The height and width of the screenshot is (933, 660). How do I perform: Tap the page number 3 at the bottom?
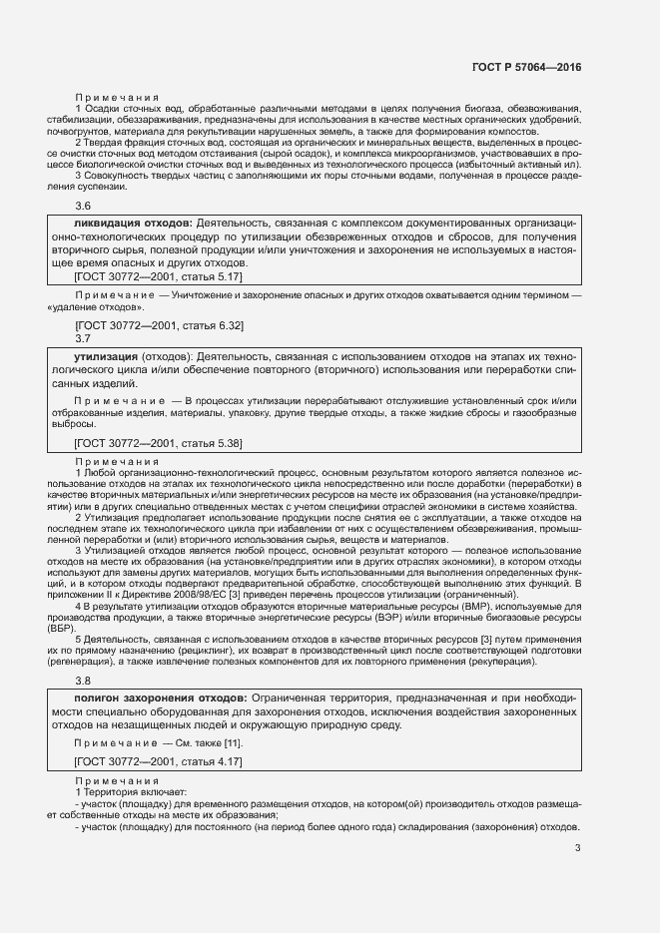click(578, 849)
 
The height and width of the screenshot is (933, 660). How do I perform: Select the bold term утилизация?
click(107, 355)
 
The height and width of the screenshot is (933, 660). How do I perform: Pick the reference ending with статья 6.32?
click(159, 325)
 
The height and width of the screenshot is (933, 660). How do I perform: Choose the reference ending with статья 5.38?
click(159, 442)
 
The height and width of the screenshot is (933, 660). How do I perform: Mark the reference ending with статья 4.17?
click(159, 761)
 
